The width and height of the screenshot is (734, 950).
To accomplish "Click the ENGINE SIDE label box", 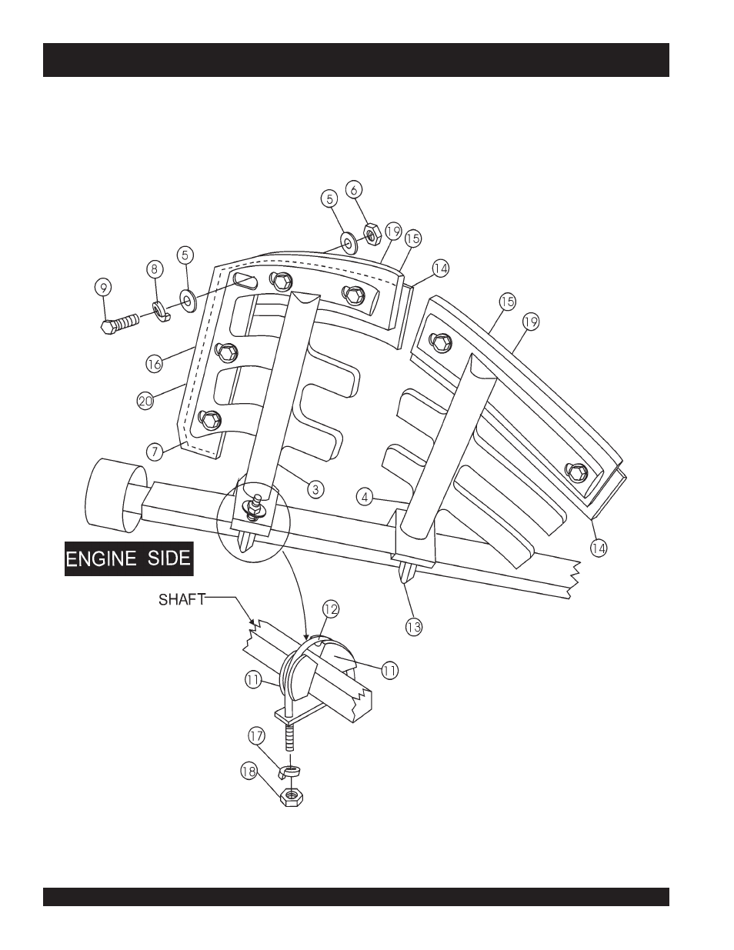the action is pyautogui.click(x=129, y=558).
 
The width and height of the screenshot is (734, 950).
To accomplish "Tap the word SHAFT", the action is pyautogui.click(x=182, y=599).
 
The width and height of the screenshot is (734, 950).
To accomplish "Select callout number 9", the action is pyautogui.click(x=103, y=287).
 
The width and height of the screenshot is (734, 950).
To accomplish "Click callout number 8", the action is pyautogui.click(x=155, y=269).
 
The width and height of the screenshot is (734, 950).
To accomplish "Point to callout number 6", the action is pyautogui.click(x=354, y=189).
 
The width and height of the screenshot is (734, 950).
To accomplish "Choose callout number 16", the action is pyautogui.click(x=154, y=364).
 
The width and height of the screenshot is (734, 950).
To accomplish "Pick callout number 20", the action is pyautogui.click(x=145, y=401).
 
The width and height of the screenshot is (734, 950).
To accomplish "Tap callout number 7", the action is pyautogui.click(x=155, y=452).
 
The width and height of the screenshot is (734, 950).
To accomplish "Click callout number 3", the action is pyautogui.click(x=315, y=488).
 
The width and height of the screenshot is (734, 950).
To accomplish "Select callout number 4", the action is pyautogui.click(x=365, y=497).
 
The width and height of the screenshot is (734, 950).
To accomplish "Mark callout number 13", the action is pyautogui.click(x=414, y=628).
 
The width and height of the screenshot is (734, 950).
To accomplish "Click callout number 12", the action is pyautogui.click(x=331, y=609).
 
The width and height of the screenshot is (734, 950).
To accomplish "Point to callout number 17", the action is pyautogui.click(x=257, y=736).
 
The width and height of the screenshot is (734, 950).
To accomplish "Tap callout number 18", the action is pyautogui.click(x=249, y=772).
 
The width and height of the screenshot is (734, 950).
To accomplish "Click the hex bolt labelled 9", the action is pyautogui.click(x=120, y=325).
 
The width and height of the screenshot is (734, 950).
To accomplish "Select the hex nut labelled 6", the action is pyautogui.click(x=372, y=233).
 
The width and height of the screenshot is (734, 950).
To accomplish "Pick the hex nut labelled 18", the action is pyautogui.click(x=291, y=798).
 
